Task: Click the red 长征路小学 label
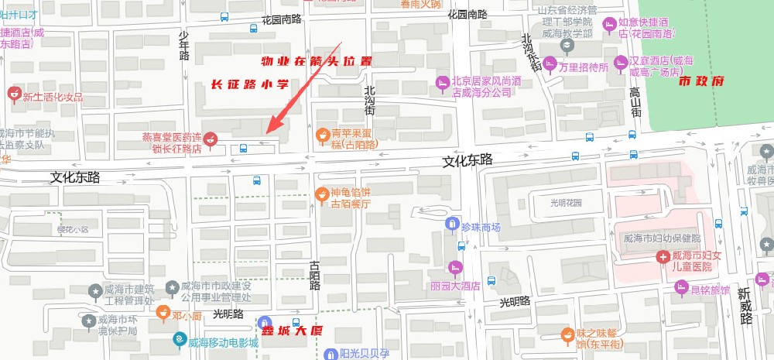(250, 84)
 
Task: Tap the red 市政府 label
(700, 80)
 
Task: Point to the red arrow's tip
(268, 132)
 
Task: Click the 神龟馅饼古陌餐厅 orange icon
(322, 194)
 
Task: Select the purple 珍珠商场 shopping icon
(452, 225)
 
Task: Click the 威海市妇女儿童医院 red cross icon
(663, 256)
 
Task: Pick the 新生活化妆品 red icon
(12, 94)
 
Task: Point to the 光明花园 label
(565, 203)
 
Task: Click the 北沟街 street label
(370, 101)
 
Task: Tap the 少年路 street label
(184, 45)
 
